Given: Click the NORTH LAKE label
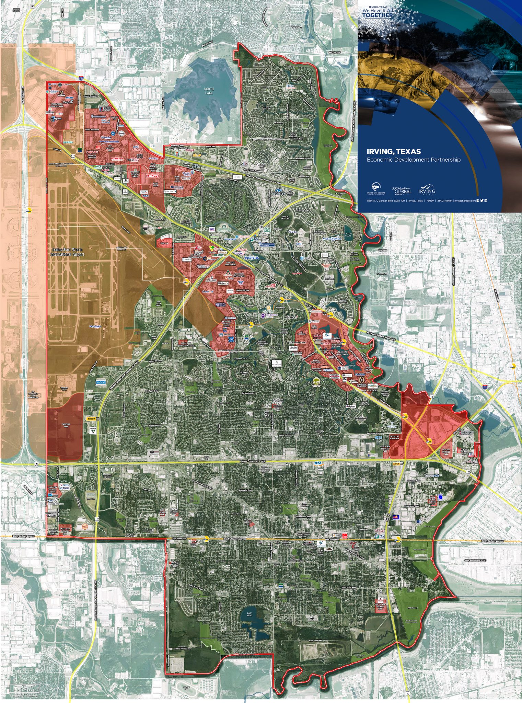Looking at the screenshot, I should pyautogui.click(x=209, y=91).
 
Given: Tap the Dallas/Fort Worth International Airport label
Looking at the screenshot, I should pyautogui.click(x=68, y=252).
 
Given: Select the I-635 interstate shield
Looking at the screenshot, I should pyautogui.click(x=81, y=78).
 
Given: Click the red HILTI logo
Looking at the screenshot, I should pyautogui.click(x=151, y=176).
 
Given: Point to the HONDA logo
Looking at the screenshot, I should pyautogui.click(x=117, y=158).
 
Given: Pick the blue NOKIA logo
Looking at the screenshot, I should pyautogui.click(x=252, y=258).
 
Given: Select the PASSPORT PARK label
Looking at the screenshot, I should pyautogui.click(x=66, y=426).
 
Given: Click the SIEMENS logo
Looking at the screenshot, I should pyautogui.click(x=68, y=142).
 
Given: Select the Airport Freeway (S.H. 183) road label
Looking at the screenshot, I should pyautogui.click(x=254, y=462).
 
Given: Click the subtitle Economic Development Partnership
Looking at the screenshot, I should pyautogui.click(x=414, y=160).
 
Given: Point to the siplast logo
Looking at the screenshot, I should pyautogui.click(x=351, y=406).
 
